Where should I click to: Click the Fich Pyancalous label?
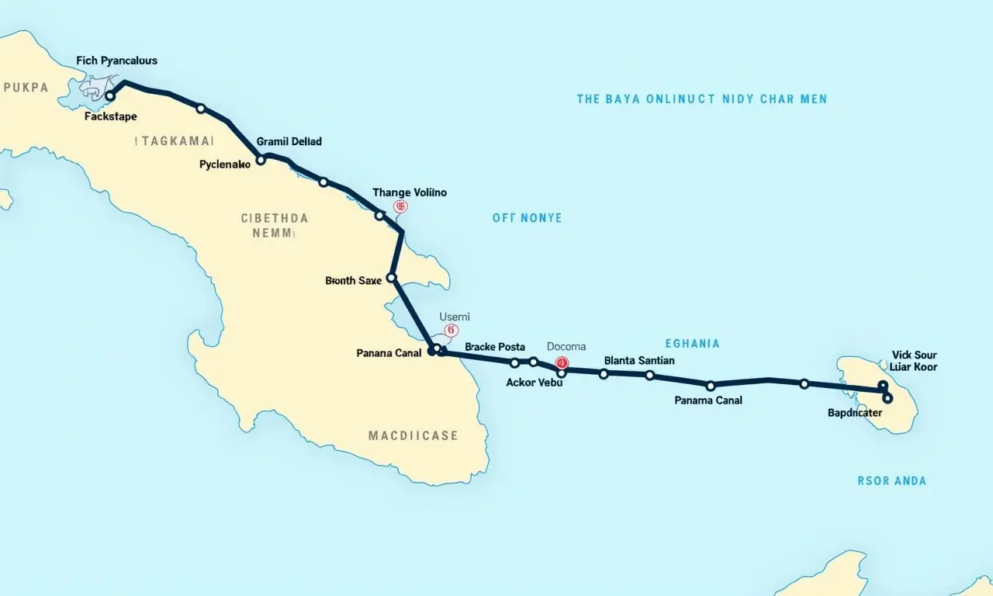(x=116, y=61)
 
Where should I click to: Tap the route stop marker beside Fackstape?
(x=110, y=96)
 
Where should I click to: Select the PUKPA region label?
(x=26, y=88)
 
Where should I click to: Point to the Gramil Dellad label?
(x=289, y=142)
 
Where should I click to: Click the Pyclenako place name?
(x=224, y=165)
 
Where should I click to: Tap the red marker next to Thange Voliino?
(x=400, y=206)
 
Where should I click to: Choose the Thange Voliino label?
(x=410, y=192)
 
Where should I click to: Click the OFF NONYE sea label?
(x=527, y=218)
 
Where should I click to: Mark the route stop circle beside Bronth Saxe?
(x=392, y=277)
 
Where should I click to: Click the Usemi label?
(x=455, y=317)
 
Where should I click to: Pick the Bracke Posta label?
(x=495, y=347)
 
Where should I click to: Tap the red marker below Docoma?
(x=562, y=362)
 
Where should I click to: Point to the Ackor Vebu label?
(x=534, y=382)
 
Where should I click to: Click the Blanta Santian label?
(x=638, y=360)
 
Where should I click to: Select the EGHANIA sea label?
(x=692, y=343)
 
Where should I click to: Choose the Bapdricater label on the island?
(x=855, y=413)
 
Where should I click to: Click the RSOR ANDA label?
(x=891, y=481)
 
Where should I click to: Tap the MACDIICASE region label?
(x=413, y=436)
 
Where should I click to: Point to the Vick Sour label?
(x=914, y=355)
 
